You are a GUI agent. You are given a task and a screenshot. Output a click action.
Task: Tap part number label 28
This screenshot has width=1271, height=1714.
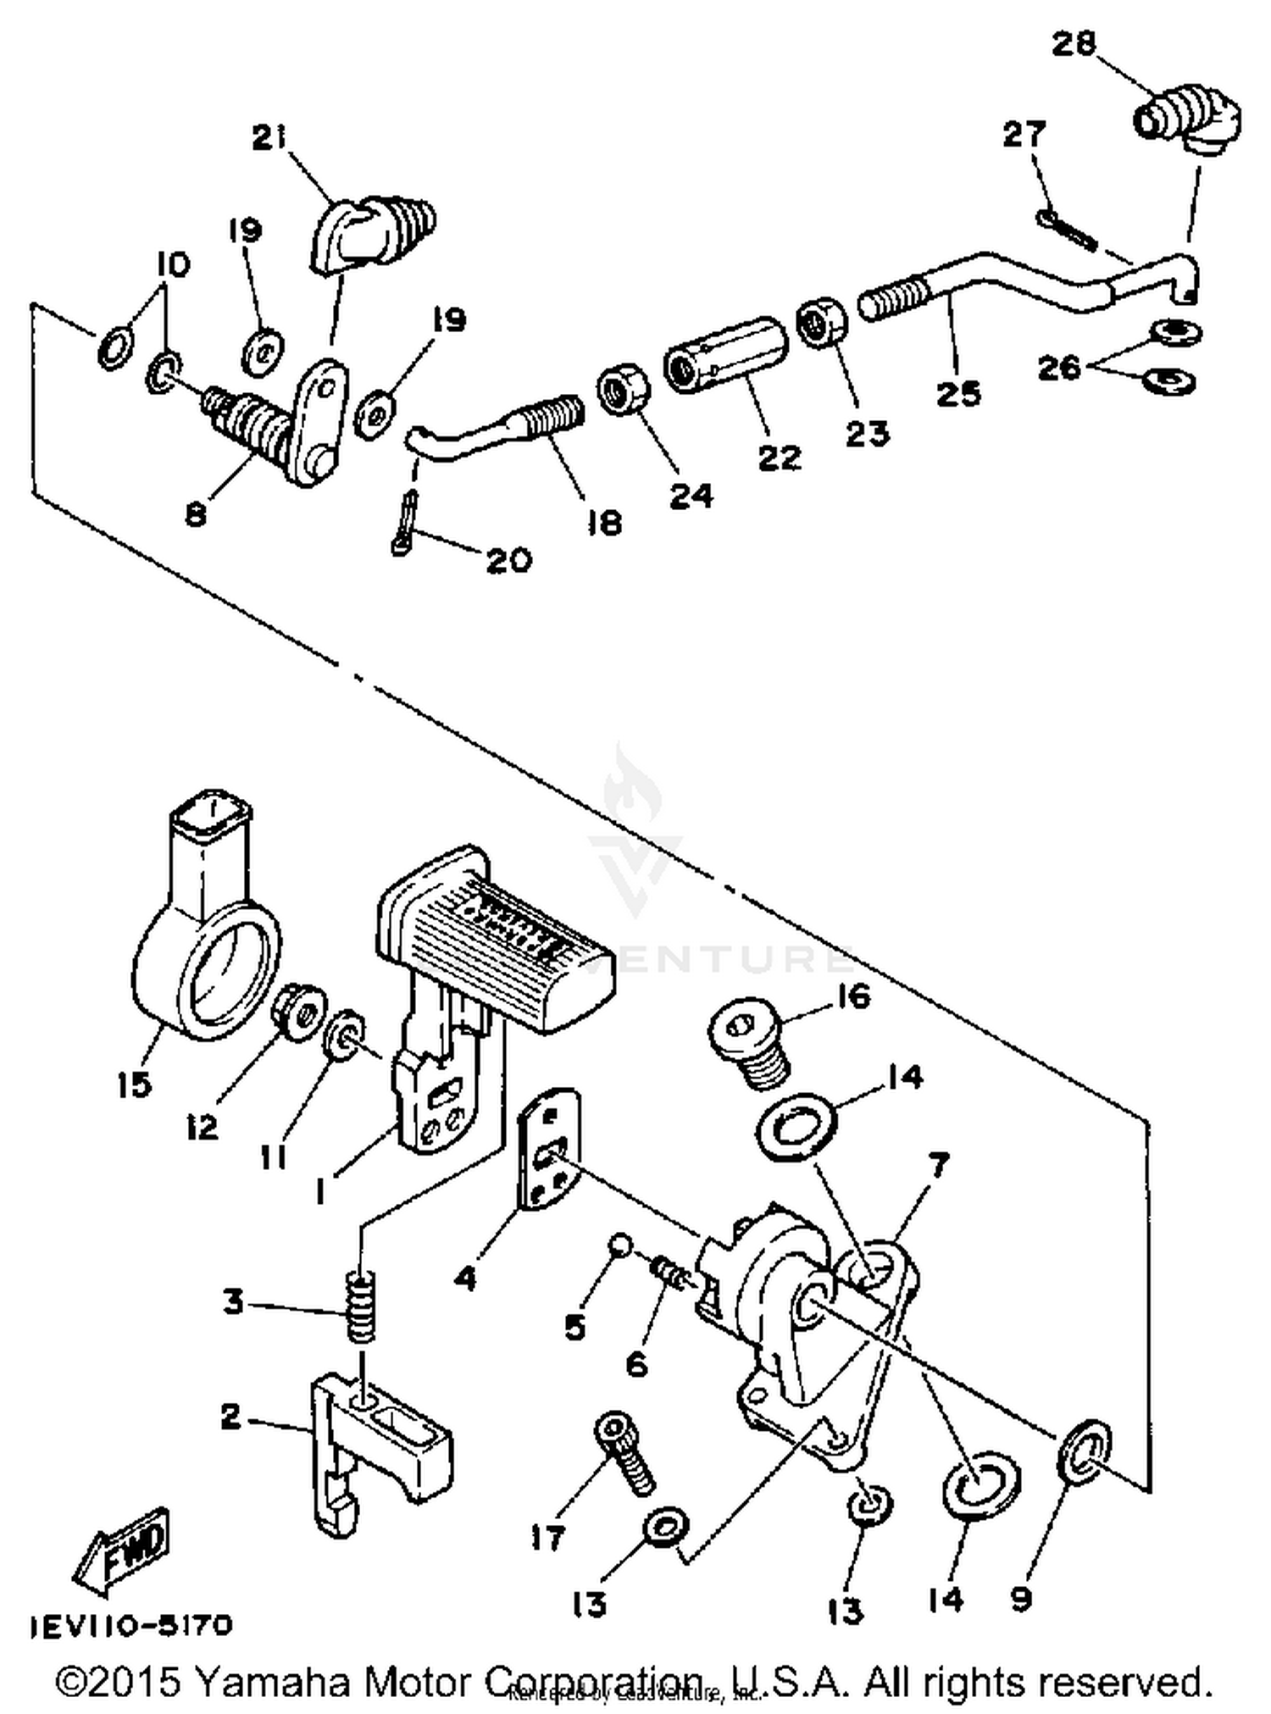tap(1074, 44)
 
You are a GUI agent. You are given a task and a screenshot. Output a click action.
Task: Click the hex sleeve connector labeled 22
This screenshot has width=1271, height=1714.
tap(725, 356)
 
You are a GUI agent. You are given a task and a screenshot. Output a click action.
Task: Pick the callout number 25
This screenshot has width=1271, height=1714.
tap(957, 393)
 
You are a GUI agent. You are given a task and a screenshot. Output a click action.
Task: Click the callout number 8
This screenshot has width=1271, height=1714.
tap(196, 514)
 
